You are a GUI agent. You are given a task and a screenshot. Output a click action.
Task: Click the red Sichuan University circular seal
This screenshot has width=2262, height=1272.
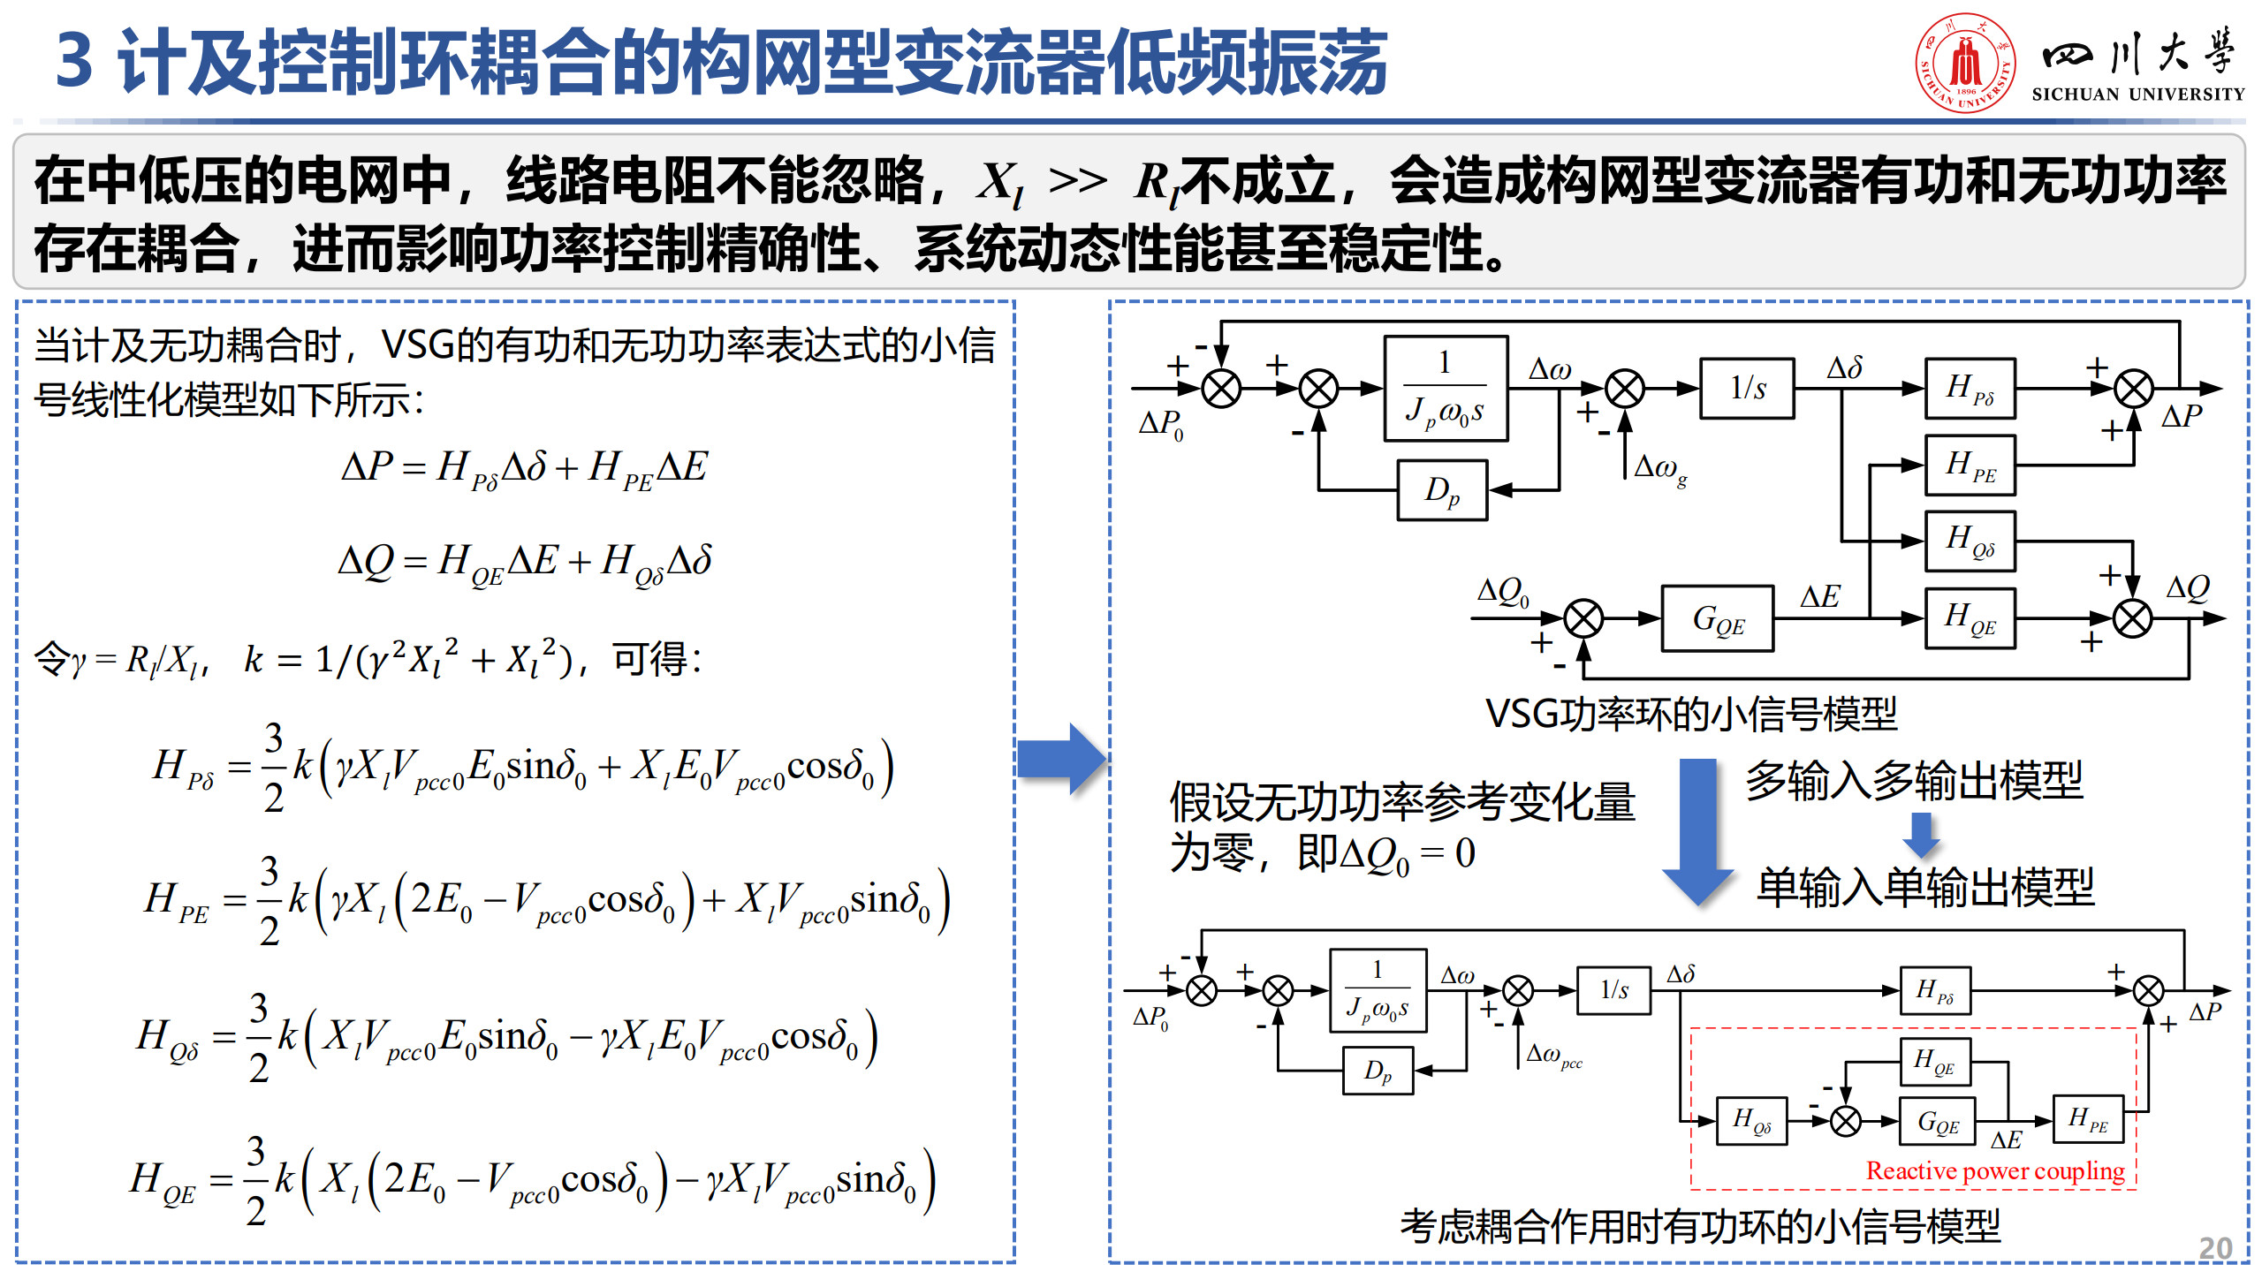coord(1965,62)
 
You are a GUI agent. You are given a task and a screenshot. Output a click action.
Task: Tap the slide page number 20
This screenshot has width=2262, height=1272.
coord(2214,1248)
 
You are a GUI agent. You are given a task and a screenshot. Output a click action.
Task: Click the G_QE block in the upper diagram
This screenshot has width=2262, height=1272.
coord(1717,618)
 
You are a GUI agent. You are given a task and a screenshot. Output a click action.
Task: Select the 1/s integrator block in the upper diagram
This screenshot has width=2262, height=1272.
coord(1747,388)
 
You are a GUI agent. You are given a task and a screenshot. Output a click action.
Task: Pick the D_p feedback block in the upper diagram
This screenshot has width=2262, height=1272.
coord(1442,489)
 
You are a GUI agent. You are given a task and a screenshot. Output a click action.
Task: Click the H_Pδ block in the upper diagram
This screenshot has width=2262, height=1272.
coord(1970,388)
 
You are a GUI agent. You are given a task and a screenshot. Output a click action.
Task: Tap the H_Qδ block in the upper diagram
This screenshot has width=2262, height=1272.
coord(1970,540)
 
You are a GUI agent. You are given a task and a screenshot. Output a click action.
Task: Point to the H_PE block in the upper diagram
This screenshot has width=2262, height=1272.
coord(1970,465)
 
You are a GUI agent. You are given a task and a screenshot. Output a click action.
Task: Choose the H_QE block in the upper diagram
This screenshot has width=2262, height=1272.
coord(1970,617)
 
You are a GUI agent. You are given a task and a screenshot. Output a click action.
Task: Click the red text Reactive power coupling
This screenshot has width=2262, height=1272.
coord(1994,1170)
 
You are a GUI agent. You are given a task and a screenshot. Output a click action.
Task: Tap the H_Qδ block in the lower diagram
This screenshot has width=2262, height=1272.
coord(1750,1121)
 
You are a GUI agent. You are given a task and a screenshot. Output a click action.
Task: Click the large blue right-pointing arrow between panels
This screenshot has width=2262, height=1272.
coord(1061,759)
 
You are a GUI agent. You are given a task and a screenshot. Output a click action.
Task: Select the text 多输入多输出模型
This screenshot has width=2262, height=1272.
coord(1914,780)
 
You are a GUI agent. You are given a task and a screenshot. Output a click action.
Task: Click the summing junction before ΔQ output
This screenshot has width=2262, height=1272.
coord(2131,618)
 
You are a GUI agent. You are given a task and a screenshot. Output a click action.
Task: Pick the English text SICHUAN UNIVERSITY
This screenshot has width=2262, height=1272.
coord(2137,95)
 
